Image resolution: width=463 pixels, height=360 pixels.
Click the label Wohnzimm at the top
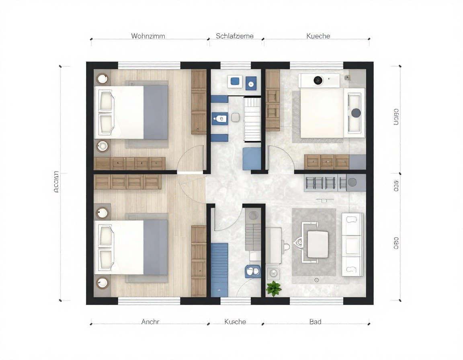tap(148, 36)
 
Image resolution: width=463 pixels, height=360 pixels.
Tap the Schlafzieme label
tap(235, 36)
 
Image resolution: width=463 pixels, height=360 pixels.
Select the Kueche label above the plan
tap(318, 36)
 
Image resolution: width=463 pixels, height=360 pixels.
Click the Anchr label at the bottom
tap(150, 321)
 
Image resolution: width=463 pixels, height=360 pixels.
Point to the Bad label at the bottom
tap(315, 321)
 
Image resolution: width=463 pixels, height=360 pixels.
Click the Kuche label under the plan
tap(235, 321)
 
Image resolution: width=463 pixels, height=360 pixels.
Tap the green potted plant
tap(274, 288)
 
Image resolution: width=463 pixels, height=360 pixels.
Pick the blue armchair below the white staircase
tap(252, 159)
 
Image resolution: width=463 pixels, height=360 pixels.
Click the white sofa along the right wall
tap(352, 244)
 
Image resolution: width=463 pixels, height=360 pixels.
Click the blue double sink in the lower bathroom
tap(252, 272)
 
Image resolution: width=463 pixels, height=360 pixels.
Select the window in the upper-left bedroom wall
tap(149, 65)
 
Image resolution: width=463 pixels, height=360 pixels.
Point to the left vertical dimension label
tap(56, 182)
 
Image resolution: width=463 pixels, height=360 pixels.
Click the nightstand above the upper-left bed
tap(102, 78)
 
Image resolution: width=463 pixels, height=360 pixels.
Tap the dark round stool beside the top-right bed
tap(356, 113)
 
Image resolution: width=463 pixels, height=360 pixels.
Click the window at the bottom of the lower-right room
tap(316, 301)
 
